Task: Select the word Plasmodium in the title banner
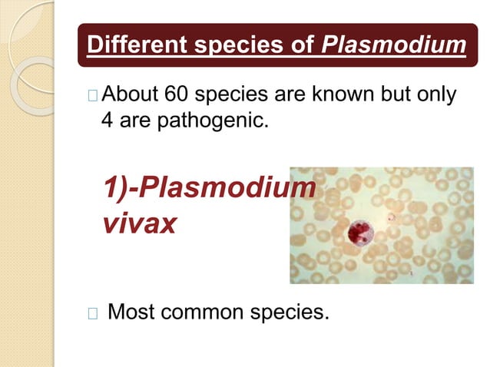click(394, 45)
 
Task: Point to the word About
click(131, 96)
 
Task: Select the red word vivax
click(139, 223)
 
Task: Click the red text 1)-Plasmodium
click(208, 188)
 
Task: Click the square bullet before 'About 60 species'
click(93, 97)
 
